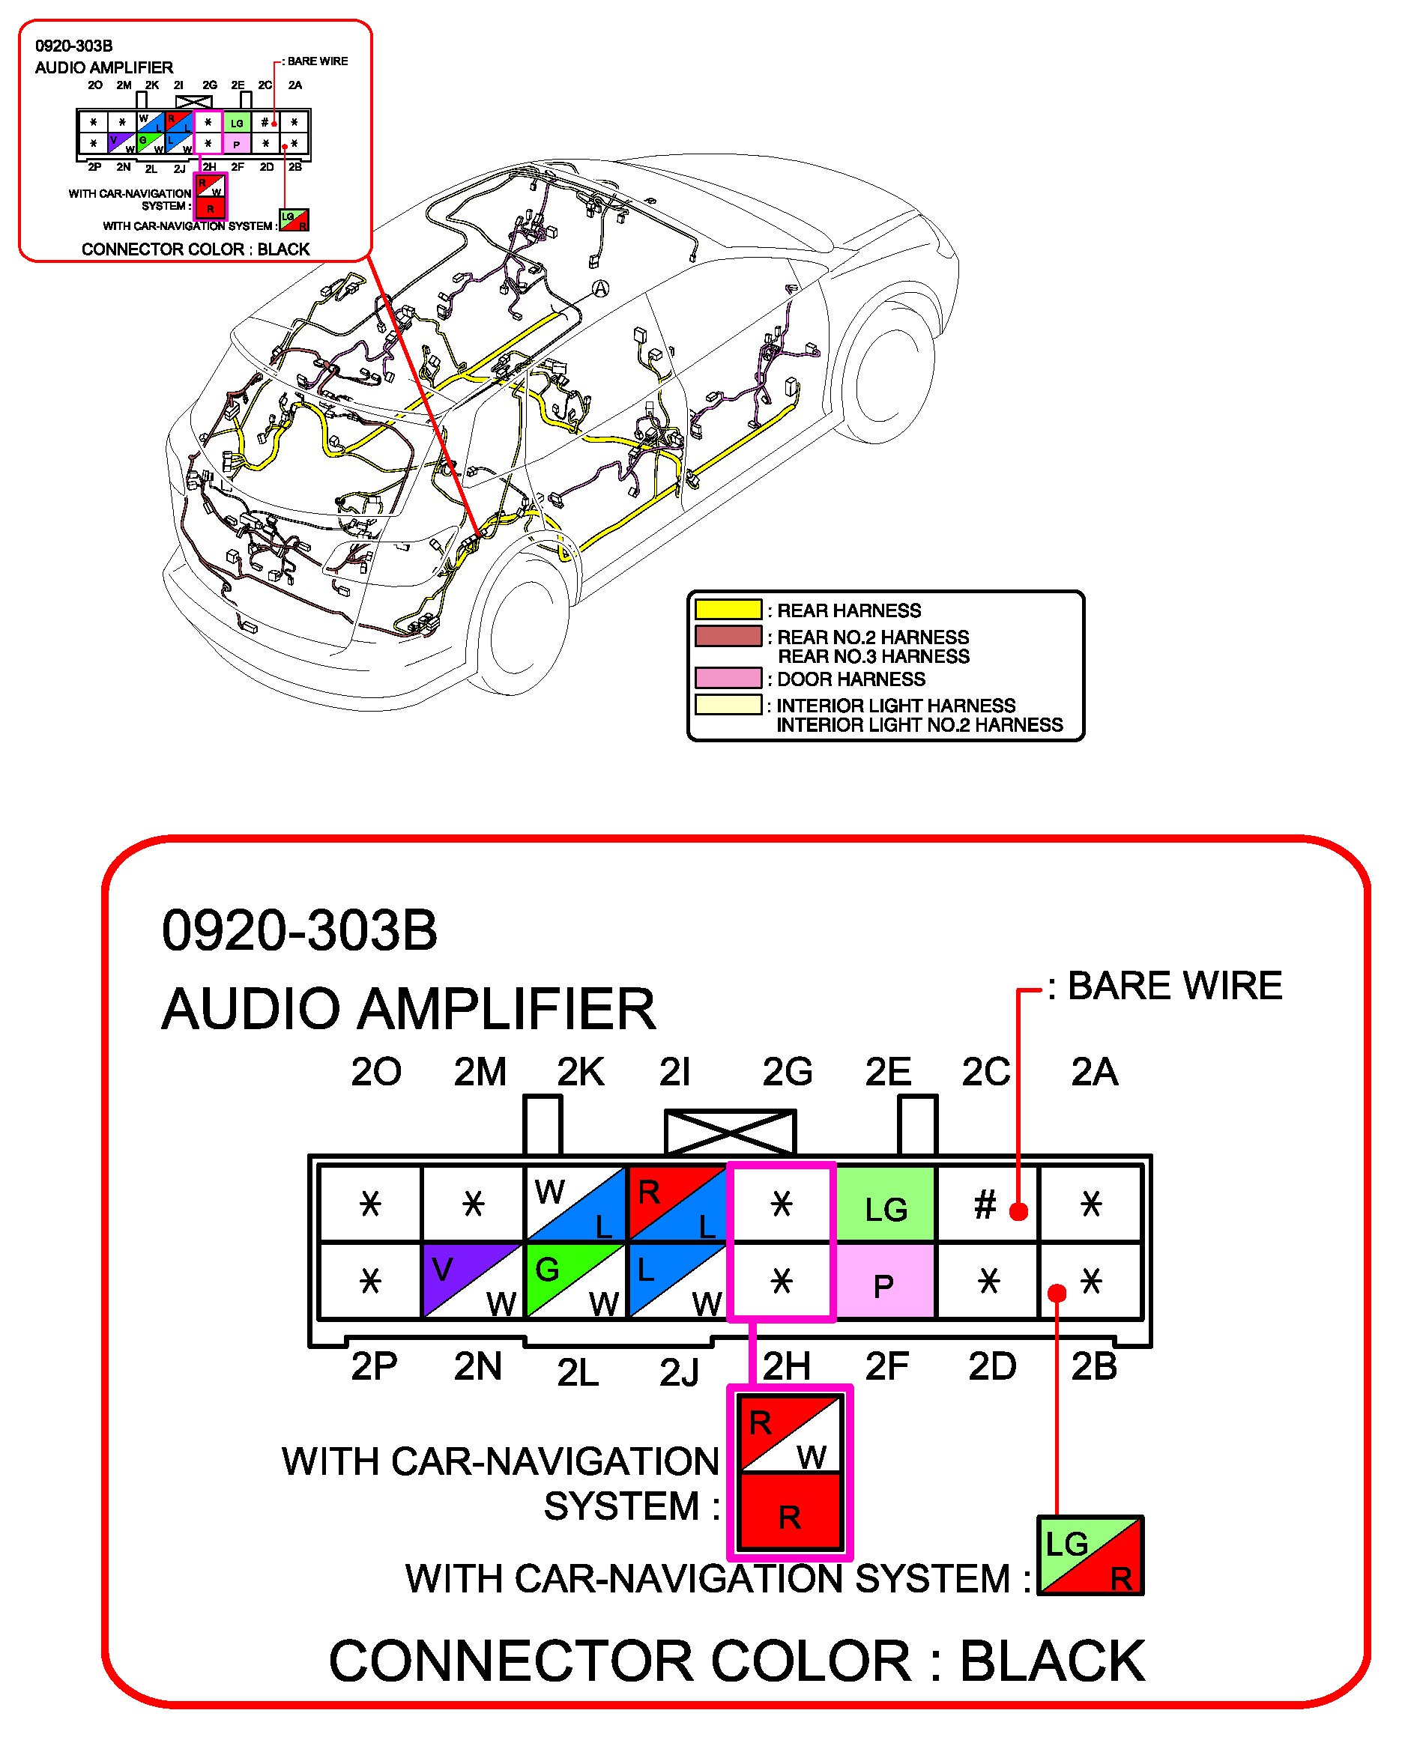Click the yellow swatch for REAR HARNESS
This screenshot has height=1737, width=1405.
(x=728, y=609)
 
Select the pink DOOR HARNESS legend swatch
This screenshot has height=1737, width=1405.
(x=728, y=677)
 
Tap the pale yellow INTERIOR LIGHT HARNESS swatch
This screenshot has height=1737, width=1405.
(x=728, y=704)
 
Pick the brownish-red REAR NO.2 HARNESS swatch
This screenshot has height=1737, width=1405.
(x=728, y=636)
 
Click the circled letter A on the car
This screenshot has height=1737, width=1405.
(x=599, y=289)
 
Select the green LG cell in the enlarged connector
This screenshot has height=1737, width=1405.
(x=886, y=1204)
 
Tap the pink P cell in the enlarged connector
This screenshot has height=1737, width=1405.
(x=886, y=1281)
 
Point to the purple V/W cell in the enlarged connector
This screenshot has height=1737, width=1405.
(x=473, y=1281)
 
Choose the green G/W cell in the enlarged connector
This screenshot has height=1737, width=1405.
(x=576, y=1281)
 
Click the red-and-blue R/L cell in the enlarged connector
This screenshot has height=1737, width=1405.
(x=678, y=1204)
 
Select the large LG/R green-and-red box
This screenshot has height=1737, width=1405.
(x=1090, y=1556)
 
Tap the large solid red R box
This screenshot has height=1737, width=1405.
(x=790, y=1512)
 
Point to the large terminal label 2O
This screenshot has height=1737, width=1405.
(x=375, y=1072)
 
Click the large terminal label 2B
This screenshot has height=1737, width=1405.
(x=1094, y=1366)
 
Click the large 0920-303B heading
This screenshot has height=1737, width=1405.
(x=300, y=930)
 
